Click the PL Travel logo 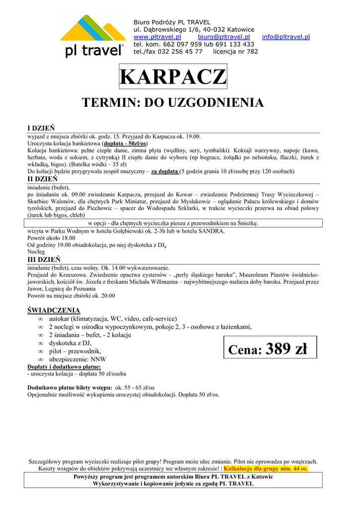pos(93,36)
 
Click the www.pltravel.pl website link pos(157,37)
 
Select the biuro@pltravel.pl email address pos(223,37)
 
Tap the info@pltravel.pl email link pos(286,37)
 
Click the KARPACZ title pos(173,77)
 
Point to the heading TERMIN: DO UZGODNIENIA pos(173,103)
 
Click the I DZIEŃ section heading pos(41,128)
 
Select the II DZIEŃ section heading pos(42,179)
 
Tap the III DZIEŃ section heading pos(44,259)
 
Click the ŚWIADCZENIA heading pos(53,311)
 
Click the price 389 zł pos(286,349)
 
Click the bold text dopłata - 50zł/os pos(124,143)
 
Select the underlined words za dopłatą pos(165,171)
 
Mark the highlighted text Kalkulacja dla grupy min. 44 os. pos(266,468)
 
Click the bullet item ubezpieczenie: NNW pos(78,359)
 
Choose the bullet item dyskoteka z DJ pos(70,343)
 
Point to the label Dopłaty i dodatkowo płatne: pos(64,367)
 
